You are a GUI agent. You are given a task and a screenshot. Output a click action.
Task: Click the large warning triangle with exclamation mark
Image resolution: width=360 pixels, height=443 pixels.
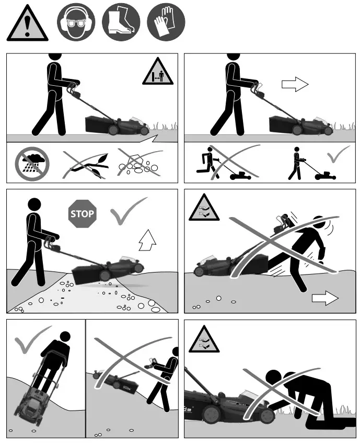tap(28, 24)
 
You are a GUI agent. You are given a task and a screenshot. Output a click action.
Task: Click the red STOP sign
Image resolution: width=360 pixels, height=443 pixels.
tap(82, 213)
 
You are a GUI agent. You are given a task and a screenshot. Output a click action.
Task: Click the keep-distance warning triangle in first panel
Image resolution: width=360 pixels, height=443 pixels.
tap(157, 73)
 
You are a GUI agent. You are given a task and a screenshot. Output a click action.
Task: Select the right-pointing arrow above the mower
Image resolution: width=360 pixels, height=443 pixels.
tap(295, 85)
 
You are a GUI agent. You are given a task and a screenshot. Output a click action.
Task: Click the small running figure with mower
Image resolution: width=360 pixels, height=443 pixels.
tap(208, 163)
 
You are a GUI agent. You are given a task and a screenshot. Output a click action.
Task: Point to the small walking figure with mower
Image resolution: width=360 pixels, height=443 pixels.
tap(297, 163)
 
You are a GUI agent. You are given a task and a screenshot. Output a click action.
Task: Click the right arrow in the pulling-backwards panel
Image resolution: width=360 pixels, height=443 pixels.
tap(324, 298)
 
